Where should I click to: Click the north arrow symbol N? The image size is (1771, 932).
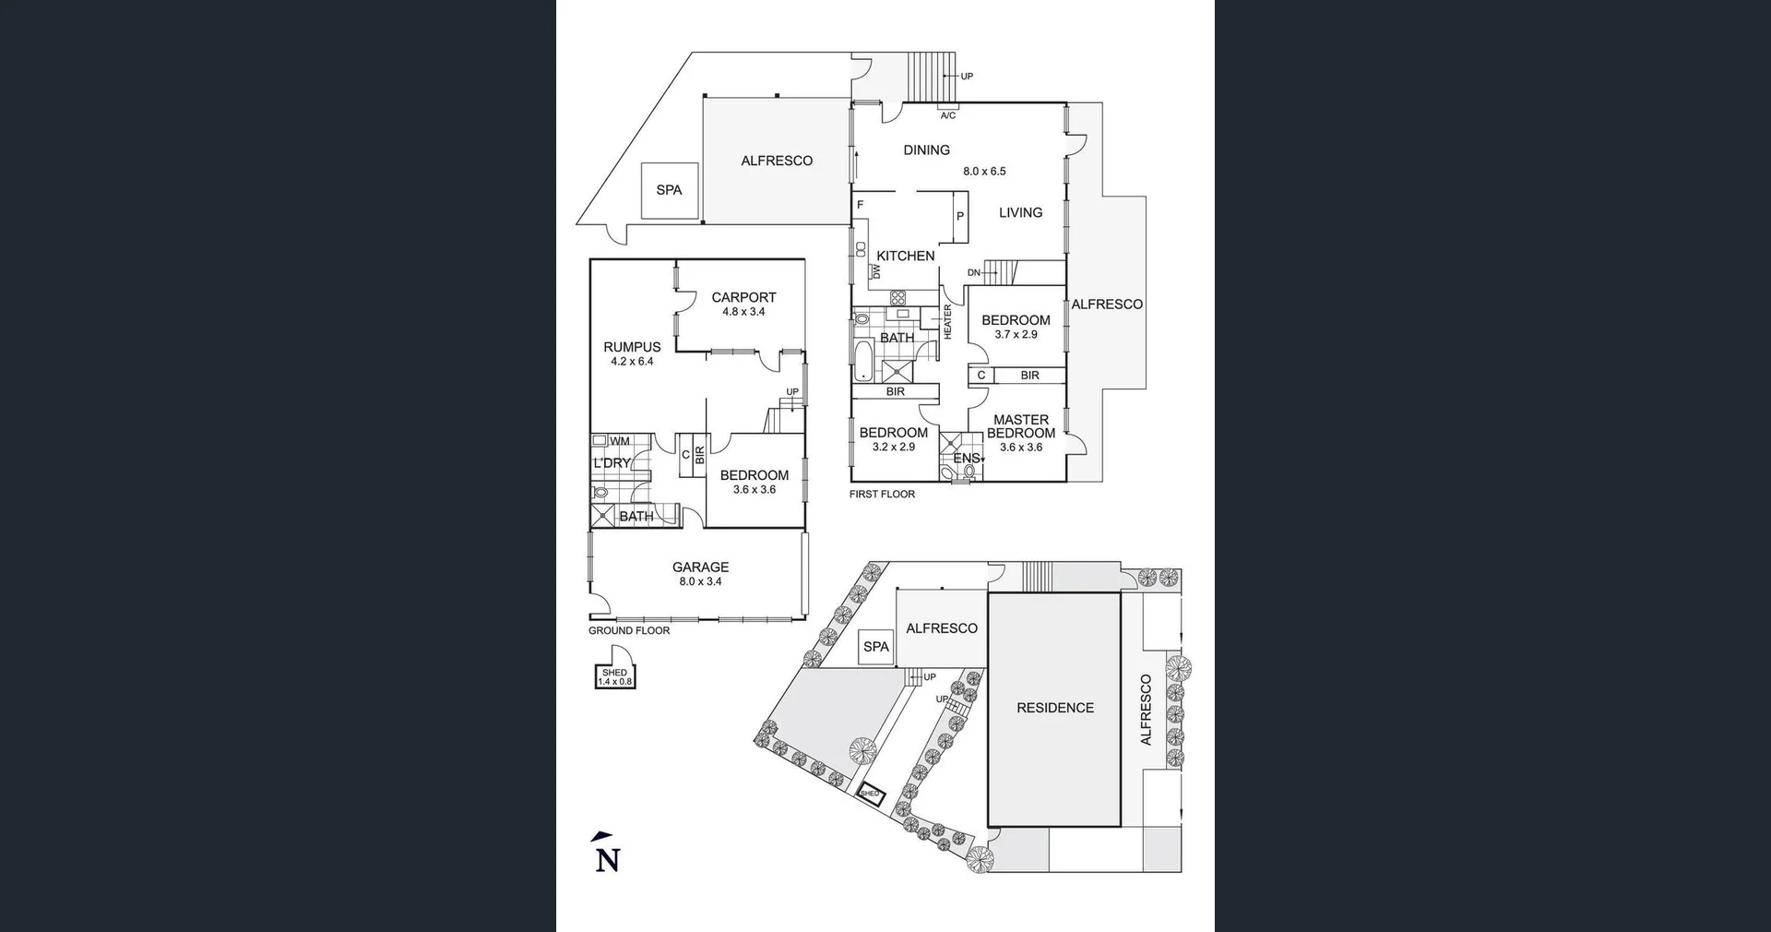(606, 855)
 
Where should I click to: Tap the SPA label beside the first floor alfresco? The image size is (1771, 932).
(669, 190)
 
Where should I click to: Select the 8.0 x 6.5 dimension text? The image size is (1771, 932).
(984, 172)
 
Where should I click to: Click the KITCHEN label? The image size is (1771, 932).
(905, 256)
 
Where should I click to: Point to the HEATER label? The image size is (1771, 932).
(947, 322)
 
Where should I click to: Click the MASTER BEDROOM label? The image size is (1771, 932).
(1021, 426)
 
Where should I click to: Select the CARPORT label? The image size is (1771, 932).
(743, 297)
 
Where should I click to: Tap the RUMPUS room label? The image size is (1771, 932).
(632, 347)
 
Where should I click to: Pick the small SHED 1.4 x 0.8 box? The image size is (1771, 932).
(615, 677)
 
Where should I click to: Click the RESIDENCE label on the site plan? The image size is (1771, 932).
(1055, 708)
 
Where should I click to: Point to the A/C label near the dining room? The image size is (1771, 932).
(947, 115)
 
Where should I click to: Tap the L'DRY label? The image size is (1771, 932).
(612, 462)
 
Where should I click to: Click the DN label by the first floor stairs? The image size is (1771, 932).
(974, 273)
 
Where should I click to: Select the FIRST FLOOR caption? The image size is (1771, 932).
(882, 495)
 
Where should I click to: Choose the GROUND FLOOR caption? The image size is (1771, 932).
(629, 631)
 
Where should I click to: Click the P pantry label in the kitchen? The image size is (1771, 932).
(960, 217)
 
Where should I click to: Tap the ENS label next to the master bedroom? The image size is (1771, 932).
(967, 458)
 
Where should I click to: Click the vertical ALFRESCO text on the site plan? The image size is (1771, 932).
(1147, 710)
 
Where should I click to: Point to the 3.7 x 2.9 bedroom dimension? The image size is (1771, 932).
(1016, 335)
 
